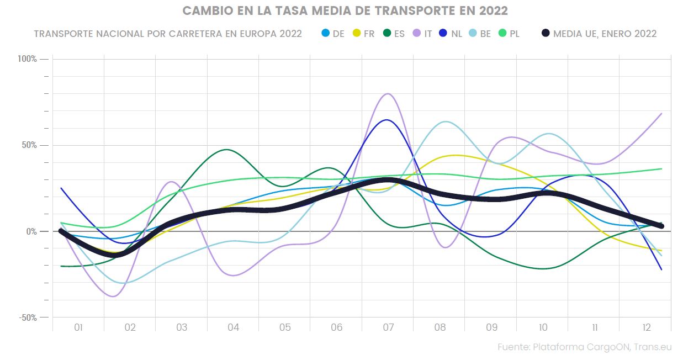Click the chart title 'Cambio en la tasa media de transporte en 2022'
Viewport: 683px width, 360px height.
[x=345, y=11]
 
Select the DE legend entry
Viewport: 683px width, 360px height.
[x=333, y=34]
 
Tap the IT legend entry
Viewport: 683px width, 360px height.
[x=422, y=34]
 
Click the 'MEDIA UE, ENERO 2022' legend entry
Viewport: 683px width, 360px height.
[x=599, y=34]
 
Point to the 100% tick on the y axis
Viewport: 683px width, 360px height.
[x=28, y=59]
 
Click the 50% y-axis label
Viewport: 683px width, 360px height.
[x=29, y=145]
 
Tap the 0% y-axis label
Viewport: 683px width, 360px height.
[x=31, y=231]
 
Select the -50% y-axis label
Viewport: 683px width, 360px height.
[x=28, y=317]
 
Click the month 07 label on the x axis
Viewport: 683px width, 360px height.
[x=388, y=328]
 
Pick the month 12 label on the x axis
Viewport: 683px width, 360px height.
[x=646, y=328]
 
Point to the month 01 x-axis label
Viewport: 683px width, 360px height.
[x=78, y=328]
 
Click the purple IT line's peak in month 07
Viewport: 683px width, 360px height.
[x=388, y=94]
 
